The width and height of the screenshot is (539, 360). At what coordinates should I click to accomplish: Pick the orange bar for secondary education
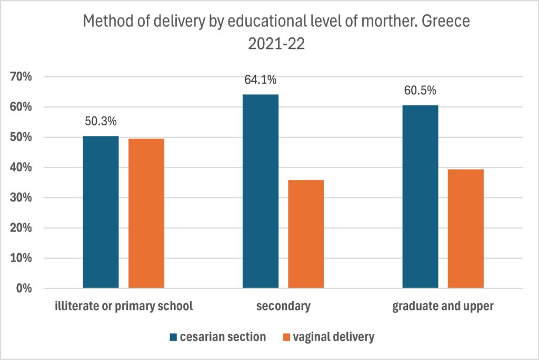pos(306,234)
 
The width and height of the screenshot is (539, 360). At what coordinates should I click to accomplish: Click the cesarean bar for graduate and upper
pos(420,197)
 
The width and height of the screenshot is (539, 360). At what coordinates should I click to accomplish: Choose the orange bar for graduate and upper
pos(466,229)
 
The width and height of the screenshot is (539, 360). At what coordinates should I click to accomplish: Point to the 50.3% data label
pos(101,121)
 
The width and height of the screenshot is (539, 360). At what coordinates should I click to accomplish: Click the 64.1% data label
pos(260,80)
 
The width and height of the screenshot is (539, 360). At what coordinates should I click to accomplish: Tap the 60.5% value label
pos(420,91)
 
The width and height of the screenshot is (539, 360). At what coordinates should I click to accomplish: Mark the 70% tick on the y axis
pos(21,77)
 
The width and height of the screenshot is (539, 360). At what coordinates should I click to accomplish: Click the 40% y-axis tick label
pos(21,168)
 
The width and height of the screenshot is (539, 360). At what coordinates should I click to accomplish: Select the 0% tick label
pos(24,289)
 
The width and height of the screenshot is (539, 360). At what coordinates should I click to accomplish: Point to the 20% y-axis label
pos(21,228)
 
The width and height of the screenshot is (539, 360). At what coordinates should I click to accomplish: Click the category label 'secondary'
pos(283,306)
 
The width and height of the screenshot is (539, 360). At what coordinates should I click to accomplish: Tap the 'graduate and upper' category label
pos(443,306)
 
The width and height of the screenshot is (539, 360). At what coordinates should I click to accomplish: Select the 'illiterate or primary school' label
pos(123,306)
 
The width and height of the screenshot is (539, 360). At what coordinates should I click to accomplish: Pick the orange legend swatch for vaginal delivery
pos(287,337)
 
